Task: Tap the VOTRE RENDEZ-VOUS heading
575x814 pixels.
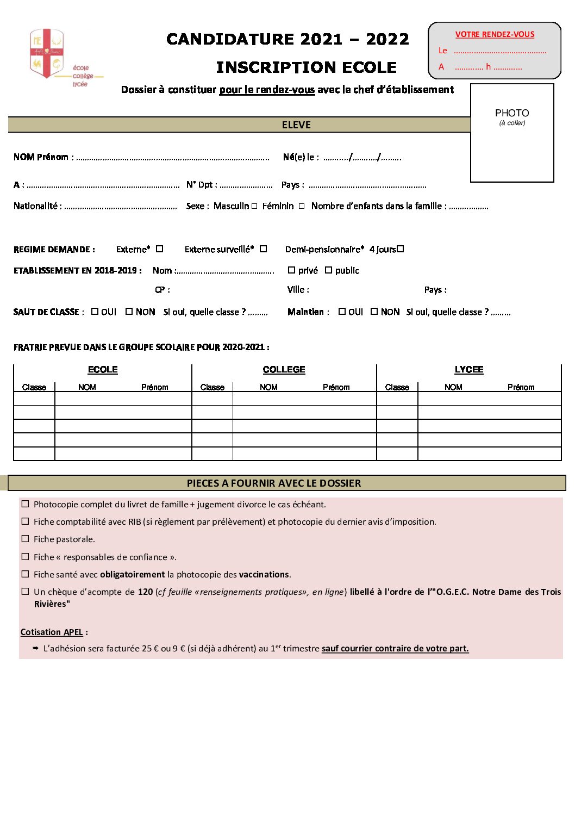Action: coord(495,34)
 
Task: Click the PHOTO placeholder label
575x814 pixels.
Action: coord(511,113)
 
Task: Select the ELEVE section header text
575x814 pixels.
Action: coord(296,125)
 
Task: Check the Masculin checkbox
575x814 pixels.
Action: coord(254,206)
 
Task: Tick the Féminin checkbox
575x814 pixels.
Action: coord(301,206)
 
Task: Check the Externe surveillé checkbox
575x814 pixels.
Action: coord(263,249)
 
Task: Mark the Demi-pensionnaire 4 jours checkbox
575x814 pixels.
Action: coord(401,249)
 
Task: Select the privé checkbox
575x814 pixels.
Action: coord(291,270)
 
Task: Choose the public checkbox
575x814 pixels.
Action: coord(328,270)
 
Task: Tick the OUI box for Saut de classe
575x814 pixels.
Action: coord(95,312)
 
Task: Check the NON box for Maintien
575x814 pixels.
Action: coord(374,312)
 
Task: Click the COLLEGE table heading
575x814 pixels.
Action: coord(284,370)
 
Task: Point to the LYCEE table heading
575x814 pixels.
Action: coord(468,370)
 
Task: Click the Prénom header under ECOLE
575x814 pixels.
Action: coord(154,387)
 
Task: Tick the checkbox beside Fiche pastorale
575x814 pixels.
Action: coord(25,539)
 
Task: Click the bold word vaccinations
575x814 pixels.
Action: coord(264,574)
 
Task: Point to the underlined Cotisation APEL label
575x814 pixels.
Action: coord(52,632)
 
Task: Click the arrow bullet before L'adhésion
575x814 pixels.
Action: coord(36,648)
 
